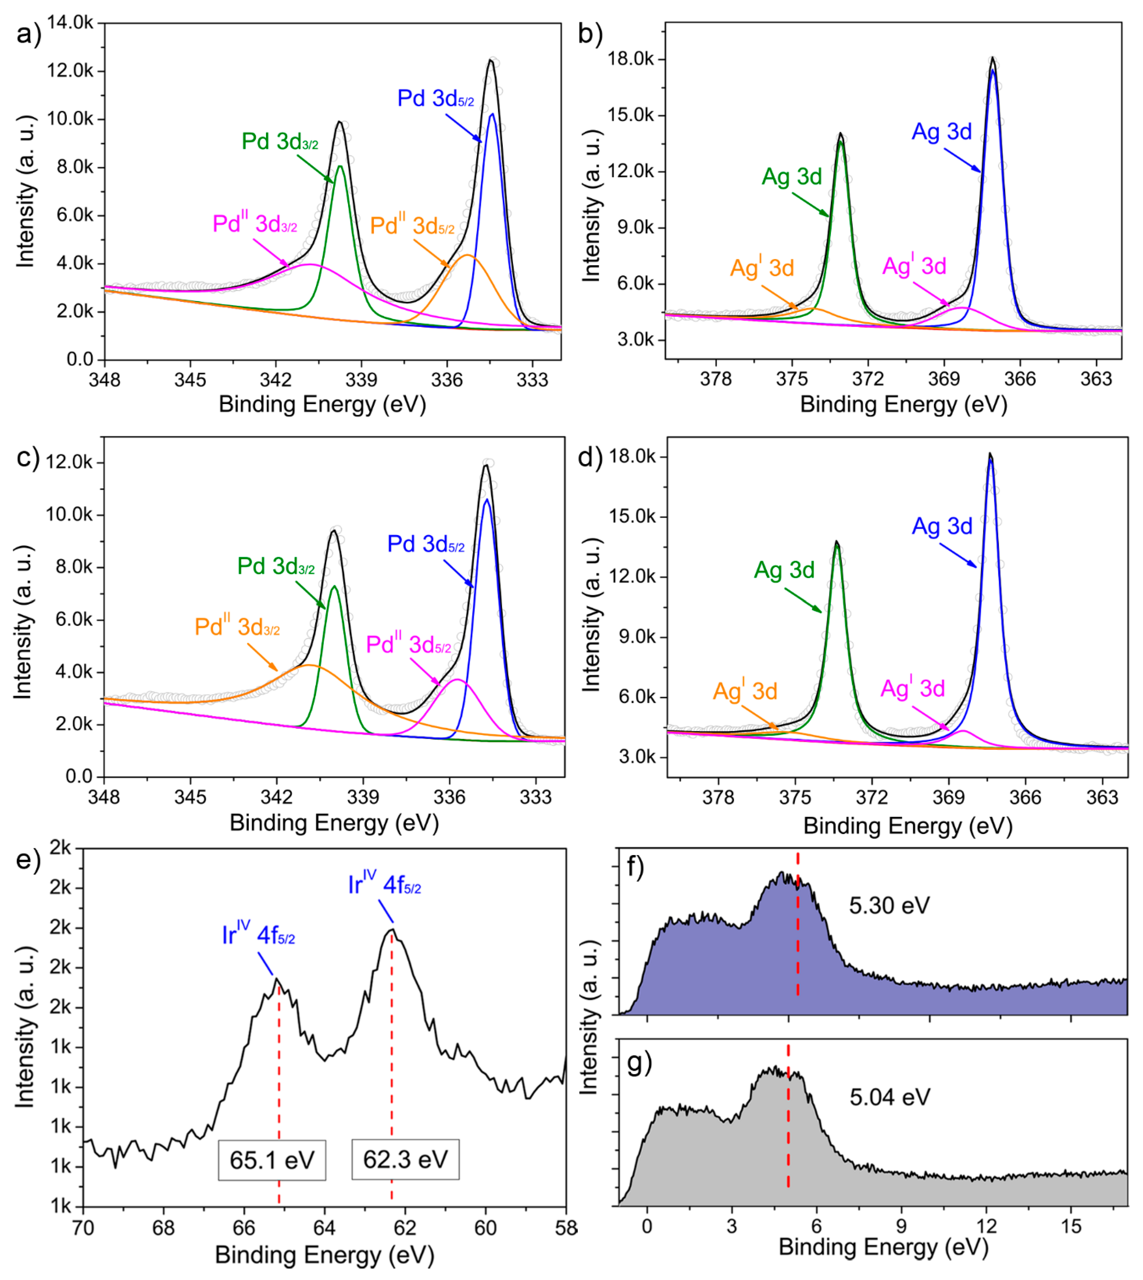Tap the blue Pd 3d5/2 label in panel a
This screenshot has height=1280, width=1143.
click(435, 98)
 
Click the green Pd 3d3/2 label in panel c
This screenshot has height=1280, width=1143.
click(276, 566)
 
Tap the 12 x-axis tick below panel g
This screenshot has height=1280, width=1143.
click(987, 1226)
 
